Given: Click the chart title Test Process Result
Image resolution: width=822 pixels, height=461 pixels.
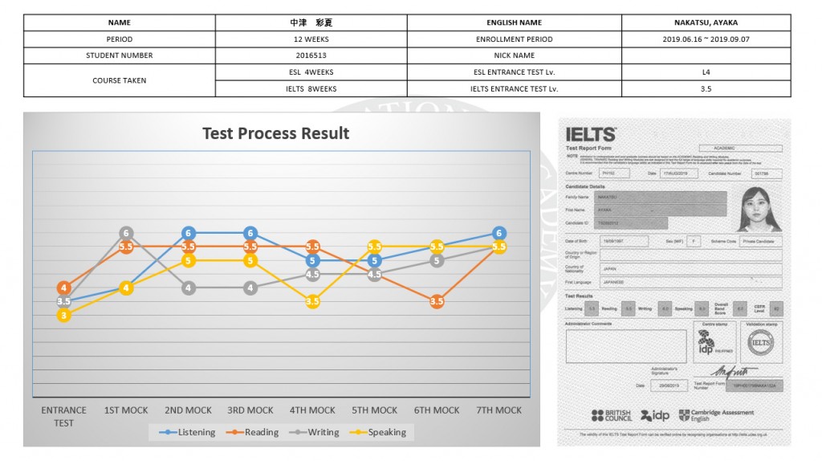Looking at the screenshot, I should click(x=275, y=133).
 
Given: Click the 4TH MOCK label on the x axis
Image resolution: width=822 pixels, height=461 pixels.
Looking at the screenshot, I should click(x=312, y=410).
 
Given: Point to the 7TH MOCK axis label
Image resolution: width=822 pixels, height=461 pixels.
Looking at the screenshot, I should click(x=498, y=410).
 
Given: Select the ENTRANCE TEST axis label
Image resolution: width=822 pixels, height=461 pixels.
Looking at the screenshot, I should click(x=64, y=416).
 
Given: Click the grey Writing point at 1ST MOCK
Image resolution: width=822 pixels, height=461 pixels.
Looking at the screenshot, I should click(x=126, y=233).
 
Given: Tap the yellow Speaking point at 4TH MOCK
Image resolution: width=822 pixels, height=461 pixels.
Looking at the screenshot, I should click(x=313, y=301).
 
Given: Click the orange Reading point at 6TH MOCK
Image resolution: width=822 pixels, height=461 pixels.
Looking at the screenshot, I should click(x=437, y=301).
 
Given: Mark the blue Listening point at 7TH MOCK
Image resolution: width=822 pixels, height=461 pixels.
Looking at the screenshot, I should click(x=498, y=233).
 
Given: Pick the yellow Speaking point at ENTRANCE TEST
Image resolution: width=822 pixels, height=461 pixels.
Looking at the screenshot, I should click(x=64, y=316).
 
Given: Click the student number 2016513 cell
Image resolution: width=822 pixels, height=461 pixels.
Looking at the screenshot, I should click(x=311, y=55).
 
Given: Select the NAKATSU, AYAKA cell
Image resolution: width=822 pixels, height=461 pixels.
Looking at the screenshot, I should click(x=706, y=22).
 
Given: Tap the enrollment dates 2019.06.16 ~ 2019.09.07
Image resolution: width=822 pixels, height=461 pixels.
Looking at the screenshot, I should click(x=706, y=39).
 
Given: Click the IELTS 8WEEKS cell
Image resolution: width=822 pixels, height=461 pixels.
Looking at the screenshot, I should click(x=311, y=88).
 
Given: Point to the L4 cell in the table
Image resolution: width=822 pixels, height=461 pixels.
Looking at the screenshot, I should click(x=706, y=71).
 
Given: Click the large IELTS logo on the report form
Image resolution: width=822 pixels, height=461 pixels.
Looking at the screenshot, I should click(x=591, y=135).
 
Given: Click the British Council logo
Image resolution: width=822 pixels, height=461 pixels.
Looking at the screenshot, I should click(x=612, y=415).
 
